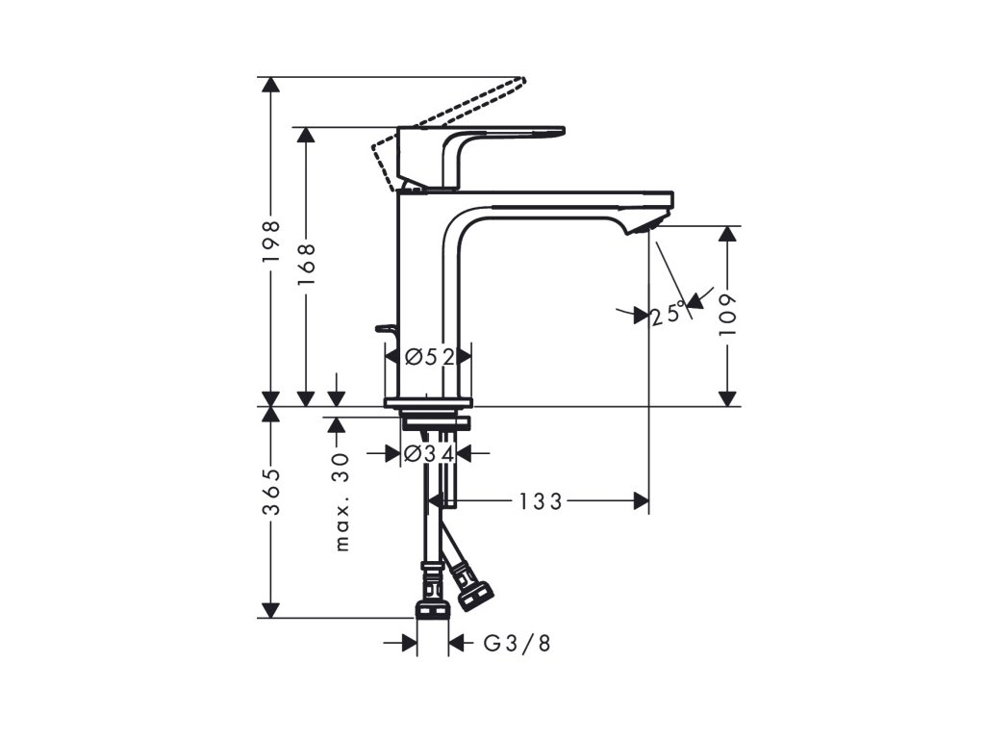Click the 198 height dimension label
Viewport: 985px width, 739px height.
(x=270, y=242)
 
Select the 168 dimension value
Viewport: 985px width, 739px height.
(x=307, y=264)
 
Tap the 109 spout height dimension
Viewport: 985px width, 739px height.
(x=727, y=315)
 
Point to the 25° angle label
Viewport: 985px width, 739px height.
(x=669, y=313)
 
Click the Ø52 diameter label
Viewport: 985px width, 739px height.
(x=430, y=357)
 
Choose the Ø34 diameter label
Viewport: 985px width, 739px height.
(x=430, y=453)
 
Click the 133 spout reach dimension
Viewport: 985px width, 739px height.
(x=541, y=500)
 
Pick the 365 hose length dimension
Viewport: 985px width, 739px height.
(x=270, y=492)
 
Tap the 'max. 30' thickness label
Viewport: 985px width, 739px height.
(x=341, y=501)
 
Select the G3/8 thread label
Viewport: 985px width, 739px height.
(x=517, y=643)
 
